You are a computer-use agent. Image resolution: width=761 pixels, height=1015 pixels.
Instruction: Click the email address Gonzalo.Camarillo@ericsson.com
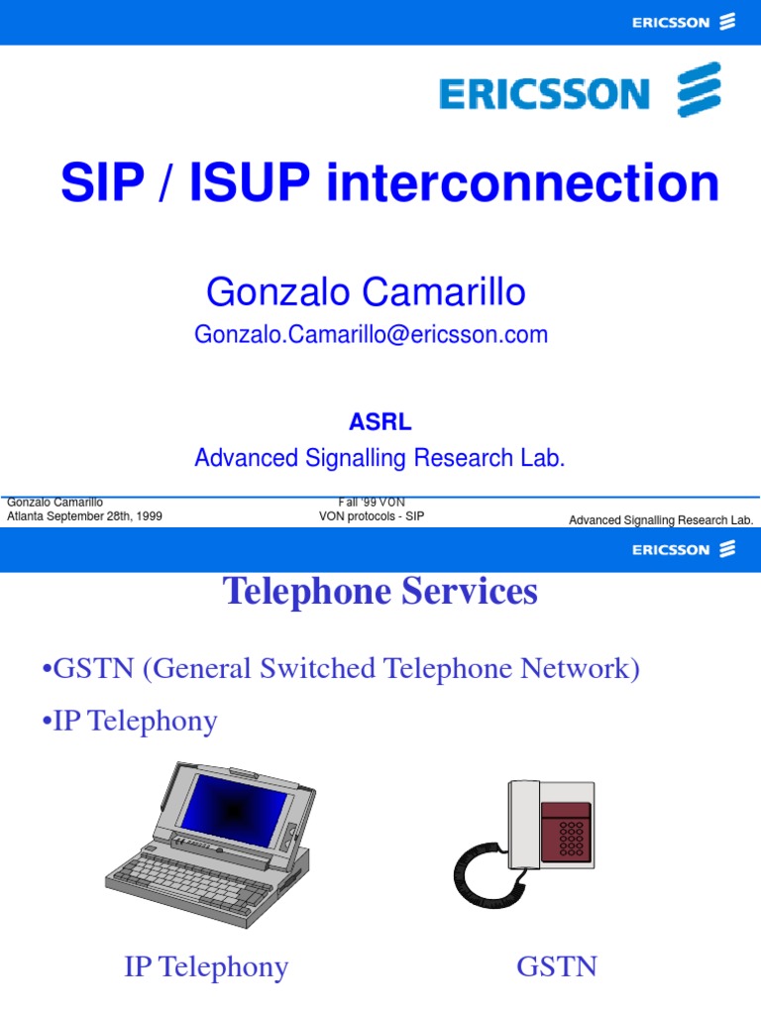click(372, 335)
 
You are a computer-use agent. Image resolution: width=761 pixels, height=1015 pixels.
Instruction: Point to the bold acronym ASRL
click(380, 422)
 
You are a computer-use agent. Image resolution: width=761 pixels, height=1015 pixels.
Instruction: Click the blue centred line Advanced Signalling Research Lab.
click(380, 458)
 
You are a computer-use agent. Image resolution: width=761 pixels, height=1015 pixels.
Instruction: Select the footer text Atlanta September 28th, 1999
click(84, 516)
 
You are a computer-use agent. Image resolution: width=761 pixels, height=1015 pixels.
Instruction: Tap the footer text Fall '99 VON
click(372, 503)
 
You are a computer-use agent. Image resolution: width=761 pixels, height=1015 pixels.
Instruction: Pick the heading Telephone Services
click(380, 592)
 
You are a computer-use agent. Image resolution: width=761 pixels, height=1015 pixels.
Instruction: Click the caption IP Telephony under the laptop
click(206, 967)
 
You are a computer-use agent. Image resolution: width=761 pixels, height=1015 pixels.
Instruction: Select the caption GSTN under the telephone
click(557, 967)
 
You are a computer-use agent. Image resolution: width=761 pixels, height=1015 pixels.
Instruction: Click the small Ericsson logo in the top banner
click(684, 22)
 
